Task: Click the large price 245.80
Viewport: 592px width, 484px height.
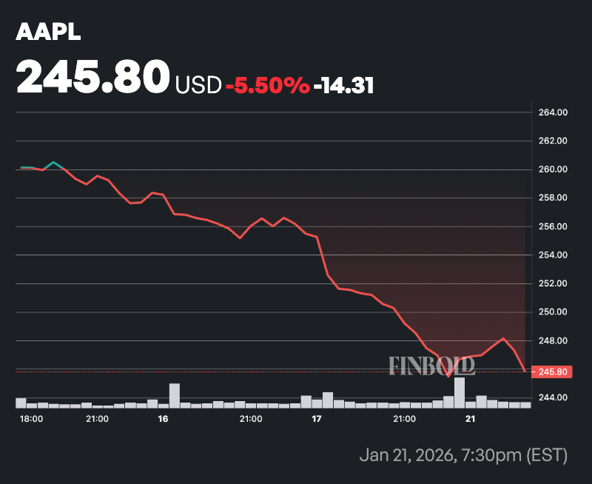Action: click(93, 77)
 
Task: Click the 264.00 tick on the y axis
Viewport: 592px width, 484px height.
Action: click(551, 112)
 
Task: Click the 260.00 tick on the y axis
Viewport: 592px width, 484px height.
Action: click(551, 169)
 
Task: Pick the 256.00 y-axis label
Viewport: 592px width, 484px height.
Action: click(551, 226)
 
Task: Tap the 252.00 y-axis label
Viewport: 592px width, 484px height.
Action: click(551, 283)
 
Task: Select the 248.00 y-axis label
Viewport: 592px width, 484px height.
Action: click(551, 340)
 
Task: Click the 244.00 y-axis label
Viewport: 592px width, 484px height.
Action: click(551, 398)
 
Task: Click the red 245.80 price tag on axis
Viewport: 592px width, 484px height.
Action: click(551, 372)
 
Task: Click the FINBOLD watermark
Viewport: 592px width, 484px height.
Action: click(431, 365)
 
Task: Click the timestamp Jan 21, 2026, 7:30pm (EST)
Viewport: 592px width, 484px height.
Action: click(462, 454)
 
